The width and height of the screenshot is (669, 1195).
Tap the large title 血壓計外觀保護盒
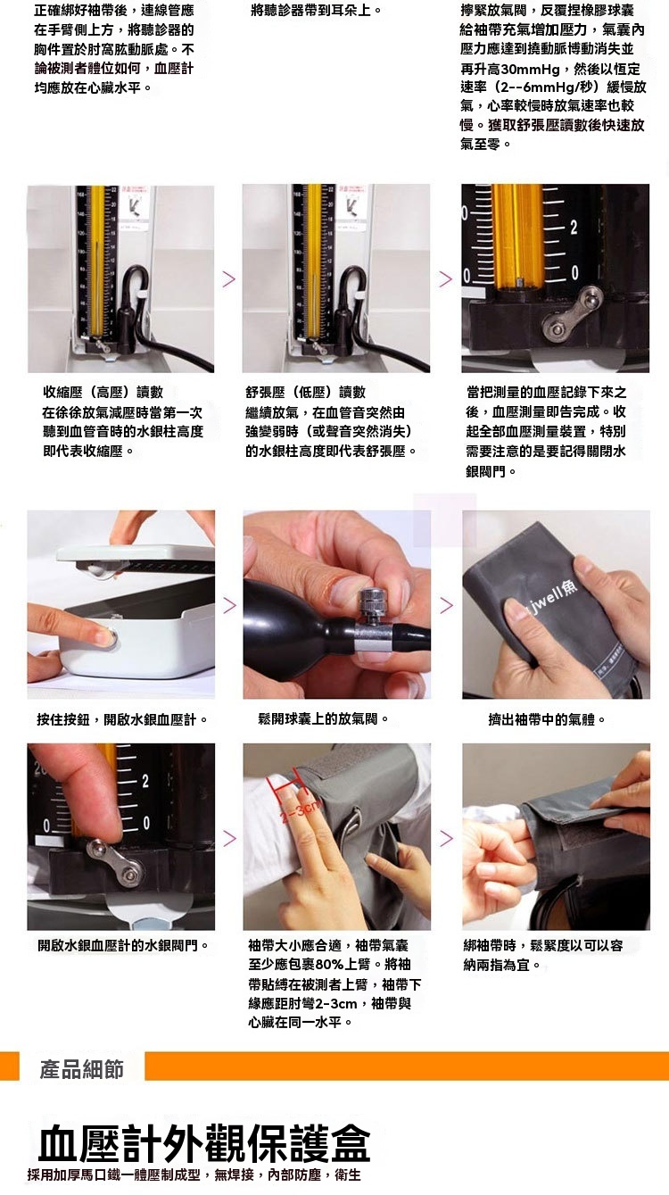point(204,1142)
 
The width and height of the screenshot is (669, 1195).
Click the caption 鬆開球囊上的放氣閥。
point(324,719)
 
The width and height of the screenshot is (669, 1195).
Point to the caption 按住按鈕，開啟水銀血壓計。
point(122,719)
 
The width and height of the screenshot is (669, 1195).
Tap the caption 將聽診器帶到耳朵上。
point(316,10)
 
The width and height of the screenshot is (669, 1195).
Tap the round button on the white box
point(110,638)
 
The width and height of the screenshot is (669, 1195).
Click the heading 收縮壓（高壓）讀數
point(103,393)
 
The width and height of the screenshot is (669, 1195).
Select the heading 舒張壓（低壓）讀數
point(305,393)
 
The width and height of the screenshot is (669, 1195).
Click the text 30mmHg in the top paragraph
point(524,70)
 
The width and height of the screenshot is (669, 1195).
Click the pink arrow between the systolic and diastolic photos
point(228,278)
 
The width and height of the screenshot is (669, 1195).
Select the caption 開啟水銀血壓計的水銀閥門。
point(123,946)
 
